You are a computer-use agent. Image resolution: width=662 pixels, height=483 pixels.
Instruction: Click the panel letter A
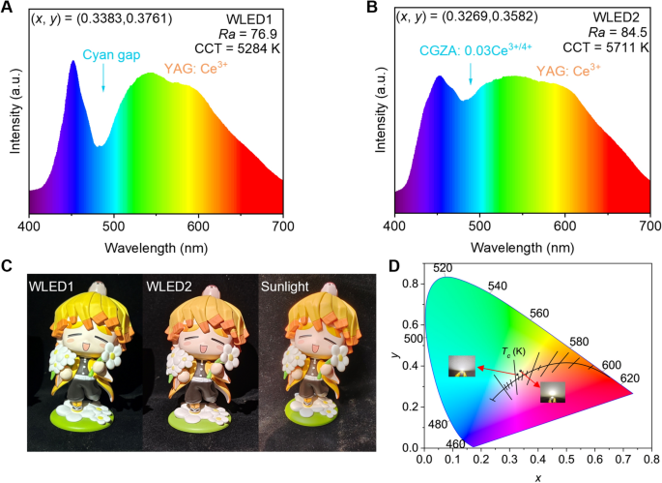tap(9, 9)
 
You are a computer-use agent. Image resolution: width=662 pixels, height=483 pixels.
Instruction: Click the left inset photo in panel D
tap(461, 367)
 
